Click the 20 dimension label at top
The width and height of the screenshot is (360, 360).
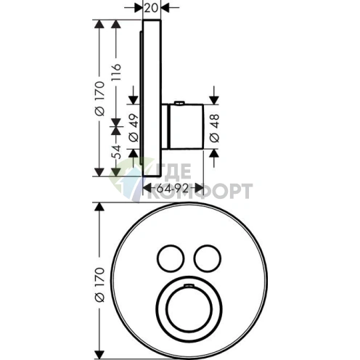[152, 8]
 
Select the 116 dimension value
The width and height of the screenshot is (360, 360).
[116, 73]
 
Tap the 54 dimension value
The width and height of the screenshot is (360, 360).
[117, 152]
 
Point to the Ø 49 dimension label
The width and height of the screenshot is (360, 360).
[134, 128]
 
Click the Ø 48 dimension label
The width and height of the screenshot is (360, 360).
[215, 128]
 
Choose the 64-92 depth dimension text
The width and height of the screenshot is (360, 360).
[172, 188]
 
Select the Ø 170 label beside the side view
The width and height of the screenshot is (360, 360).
[99, 99]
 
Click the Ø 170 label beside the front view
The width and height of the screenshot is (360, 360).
[99, 285]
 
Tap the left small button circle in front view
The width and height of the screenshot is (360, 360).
[171, 258]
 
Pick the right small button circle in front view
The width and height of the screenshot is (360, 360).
[208, 258]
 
